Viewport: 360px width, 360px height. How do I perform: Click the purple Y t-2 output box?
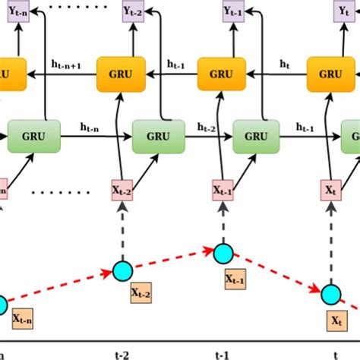[124, 11]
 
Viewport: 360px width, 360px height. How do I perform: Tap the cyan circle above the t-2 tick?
[122, 269]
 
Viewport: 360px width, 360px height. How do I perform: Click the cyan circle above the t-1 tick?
[223, 254]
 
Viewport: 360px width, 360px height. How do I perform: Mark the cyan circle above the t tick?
[330, 295]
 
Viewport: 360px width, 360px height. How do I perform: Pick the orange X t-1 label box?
[235, 279]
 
